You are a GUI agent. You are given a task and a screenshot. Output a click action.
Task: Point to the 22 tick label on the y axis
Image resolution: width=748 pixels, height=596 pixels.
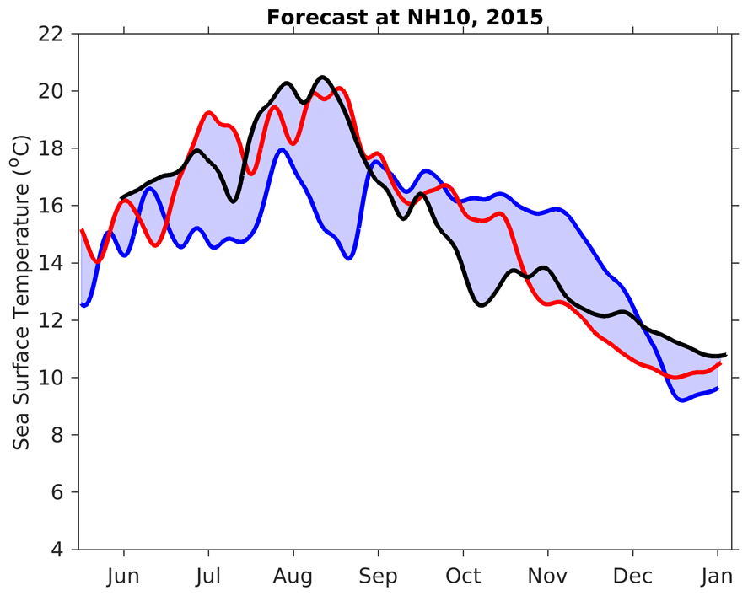pyautogui.click(x=51, y=34)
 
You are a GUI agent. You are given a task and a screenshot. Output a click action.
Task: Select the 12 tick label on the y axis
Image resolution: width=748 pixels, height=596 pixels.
pyautogui.click(x=51, y=320)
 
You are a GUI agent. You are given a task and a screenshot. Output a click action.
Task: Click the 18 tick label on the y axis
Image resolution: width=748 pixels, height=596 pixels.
pyautogui.click(x=51, y=148)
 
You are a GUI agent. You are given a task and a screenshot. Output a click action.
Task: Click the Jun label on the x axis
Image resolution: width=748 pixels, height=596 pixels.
pyautogui.click(x=124, y=576)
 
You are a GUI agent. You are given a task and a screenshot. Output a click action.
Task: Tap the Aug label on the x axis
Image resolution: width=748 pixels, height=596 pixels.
pyautogui.click(x=293, y=576)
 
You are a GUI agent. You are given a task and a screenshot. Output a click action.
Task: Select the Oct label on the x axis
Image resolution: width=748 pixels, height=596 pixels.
pyautogui.click(x=463, y=576)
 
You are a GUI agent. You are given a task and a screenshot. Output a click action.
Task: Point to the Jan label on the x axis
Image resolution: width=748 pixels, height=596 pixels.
pyautogui.click(x=718, y=576)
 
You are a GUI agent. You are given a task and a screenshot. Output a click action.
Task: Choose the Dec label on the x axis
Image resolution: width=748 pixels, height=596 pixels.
pyautogui.click(x=632, y=576)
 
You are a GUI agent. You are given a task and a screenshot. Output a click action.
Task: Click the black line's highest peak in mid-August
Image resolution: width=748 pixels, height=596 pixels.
pyautogui.click(x=321, y=78)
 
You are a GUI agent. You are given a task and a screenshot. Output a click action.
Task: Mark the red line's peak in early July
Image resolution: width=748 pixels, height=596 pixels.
pyautogui.click(x=208, y=112)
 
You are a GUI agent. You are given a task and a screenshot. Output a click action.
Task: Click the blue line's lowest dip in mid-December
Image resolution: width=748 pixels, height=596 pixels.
pyautogui.click(x=681, y=400)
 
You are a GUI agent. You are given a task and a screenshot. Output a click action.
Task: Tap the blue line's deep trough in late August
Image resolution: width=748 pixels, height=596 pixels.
pyautogui.click(x=348, y=257)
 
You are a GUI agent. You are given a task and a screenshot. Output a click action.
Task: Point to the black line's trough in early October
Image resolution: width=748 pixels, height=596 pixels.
pyautogui.click(x=482, y=304)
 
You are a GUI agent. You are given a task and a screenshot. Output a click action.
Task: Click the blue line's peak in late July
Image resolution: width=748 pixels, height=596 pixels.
pyautogui.click(x=282, y=150)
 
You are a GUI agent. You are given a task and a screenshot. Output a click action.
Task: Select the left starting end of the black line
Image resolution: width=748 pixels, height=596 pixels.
pyautogui.click(x=123, y=197)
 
